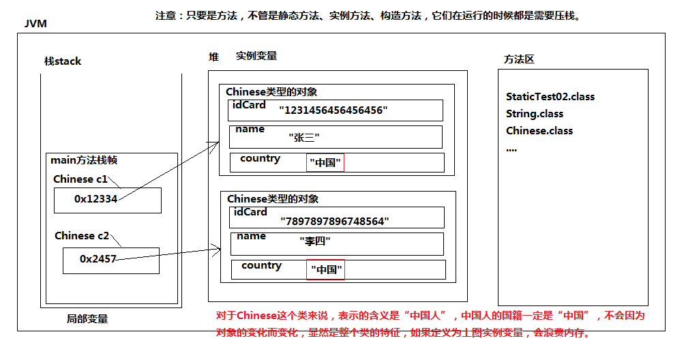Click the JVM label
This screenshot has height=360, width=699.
tap(35, 24)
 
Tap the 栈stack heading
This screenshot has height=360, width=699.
tap(63, 61)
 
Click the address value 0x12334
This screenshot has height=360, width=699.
tap(96, 199)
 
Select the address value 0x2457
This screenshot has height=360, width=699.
tap(98, 259)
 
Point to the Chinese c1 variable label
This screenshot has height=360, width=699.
tap(80, 179)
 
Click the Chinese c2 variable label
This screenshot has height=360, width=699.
tap(82, 236)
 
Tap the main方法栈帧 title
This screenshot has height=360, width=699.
tap(84, 161)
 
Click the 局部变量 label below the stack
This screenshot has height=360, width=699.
tap(87, 319)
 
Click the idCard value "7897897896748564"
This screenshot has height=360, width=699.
tap(334, 221)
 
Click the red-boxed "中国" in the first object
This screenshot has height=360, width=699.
tap(325, 163)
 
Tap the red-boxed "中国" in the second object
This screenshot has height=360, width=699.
tap(325, 270)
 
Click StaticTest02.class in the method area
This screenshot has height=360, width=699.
tap(550, 97)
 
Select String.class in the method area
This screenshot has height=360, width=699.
tap(535, 114)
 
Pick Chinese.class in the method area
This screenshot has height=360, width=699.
tap(539, 131)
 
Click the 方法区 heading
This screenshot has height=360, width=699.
tap(519, 59)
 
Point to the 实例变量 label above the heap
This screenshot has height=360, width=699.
tap(256, 56)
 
